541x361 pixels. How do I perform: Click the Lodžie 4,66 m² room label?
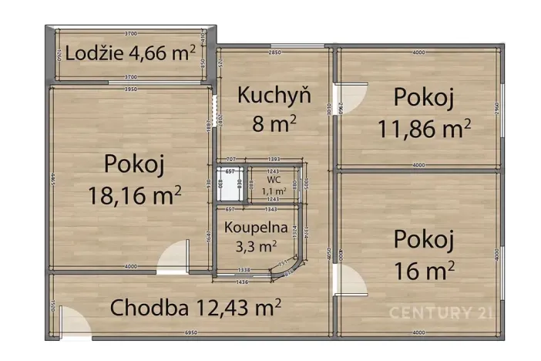(129, 54)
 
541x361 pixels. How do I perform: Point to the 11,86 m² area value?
(424, 128)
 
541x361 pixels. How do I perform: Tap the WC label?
(274, 179)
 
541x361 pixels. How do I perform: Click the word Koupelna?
(257, 228)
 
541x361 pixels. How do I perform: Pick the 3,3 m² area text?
(257, 246)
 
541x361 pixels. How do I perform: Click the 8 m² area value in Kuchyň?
(274, 121)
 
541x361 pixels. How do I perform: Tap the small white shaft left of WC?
(229, 184)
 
